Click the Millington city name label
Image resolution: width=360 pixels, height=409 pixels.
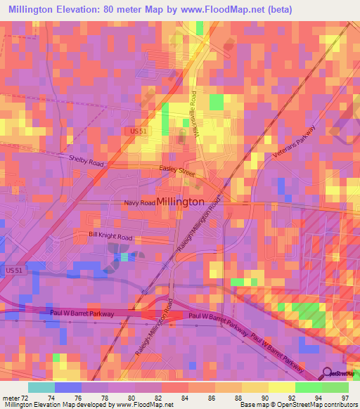coord(181,201)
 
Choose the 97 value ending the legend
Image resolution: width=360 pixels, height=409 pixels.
coord(344,397)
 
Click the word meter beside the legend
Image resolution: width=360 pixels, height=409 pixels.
coord(11,397)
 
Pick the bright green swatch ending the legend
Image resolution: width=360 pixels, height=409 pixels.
coord(335,387)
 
